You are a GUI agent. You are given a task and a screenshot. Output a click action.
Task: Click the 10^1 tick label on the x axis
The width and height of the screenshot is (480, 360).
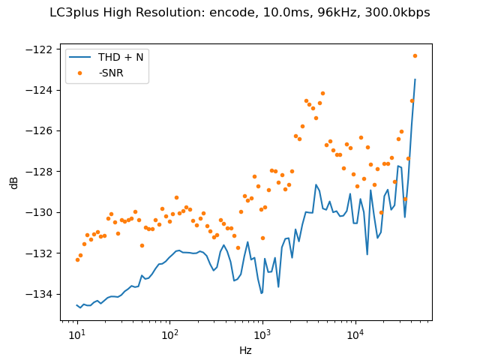click(76, 334)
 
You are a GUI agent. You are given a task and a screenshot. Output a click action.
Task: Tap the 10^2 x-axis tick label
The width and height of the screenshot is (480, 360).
click(169, 334)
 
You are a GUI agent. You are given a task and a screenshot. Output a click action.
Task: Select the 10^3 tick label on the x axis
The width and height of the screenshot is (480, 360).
click(262, 334)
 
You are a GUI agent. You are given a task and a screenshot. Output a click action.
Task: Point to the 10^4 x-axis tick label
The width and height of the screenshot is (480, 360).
click(355, 334)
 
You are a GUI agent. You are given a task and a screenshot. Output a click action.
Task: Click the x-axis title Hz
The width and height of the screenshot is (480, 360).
click(245, 350)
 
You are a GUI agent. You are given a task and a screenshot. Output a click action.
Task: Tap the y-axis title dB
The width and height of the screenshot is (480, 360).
click(14, 182)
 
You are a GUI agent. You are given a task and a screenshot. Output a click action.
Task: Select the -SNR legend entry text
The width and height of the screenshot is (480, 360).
click(112, 73)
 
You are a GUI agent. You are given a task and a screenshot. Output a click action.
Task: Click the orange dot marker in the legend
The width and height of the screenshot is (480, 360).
click(81, 73)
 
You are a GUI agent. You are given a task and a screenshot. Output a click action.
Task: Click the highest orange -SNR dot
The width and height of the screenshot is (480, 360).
click(415, 55)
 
